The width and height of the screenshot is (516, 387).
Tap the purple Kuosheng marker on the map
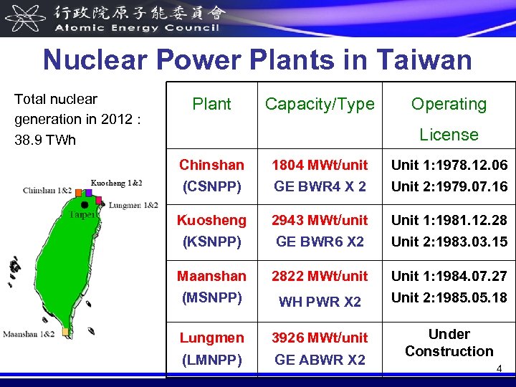88,192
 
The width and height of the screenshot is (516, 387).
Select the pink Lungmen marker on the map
99,200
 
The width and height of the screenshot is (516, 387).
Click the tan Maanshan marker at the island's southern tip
65,332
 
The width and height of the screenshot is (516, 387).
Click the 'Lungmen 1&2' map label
133,205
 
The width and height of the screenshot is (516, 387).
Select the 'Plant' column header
211,104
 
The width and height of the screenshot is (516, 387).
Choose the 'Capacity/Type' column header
320,104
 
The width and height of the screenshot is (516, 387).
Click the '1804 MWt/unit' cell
320,165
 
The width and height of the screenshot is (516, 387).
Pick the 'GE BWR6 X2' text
320,242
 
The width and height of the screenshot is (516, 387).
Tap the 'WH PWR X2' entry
320,302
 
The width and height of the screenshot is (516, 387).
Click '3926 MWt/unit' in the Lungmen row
320,337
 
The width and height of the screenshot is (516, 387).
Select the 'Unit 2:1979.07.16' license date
449,186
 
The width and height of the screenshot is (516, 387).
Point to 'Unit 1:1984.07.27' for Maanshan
449,275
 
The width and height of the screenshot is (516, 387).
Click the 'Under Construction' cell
449,343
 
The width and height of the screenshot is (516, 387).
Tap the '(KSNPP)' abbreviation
211,242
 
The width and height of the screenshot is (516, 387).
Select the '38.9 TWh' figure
44,139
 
